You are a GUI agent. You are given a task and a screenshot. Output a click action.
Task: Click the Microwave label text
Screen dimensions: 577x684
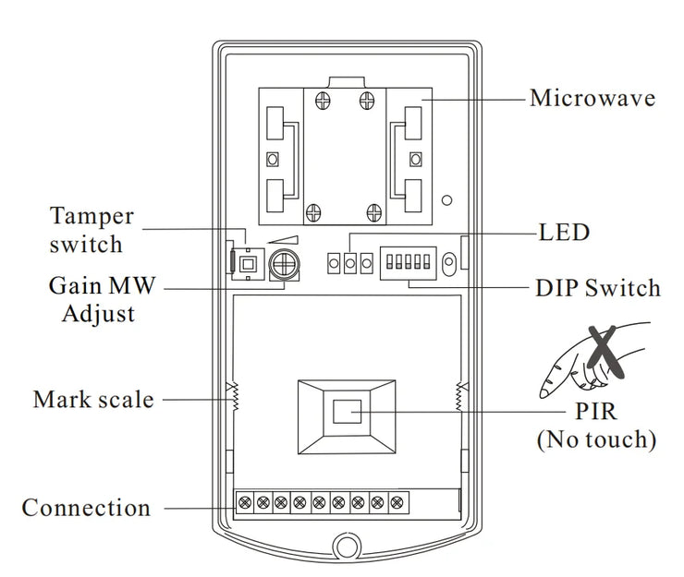pos(592,98)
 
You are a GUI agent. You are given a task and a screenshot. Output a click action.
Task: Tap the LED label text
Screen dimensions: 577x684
pos(564,232)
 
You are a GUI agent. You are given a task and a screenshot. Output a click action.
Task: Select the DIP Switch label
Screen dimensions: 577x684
pos(598,288)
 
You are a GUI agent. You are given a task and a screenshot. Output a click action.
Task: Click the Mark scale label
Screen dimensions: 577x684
pos(92,400)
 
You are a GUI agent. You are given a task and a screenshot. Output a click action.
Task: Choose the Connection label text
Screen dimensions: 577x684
pos(86,508)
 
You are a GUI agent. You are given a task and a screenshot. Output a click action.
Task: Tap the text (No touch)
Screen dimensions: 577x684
pos(596,439)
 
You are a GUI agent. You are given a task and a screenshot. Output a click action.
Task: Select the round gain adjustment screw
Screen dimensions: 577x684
pos(283,266)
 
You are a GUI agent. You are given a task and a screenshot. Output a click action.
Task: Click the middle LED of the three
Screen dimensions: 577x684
pos(350,265)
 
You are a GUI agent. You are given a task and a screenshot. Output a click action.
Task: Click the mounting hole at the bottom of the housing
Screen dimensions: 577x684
pos(347,546)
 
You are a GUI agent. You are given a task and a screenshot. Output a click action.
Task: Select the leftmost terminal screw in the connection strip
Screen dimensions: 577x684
pos(245,502)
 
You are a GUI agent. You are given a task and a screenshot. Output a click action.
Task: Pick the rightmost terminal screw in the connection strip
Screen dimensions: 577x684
pos(397,502)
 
